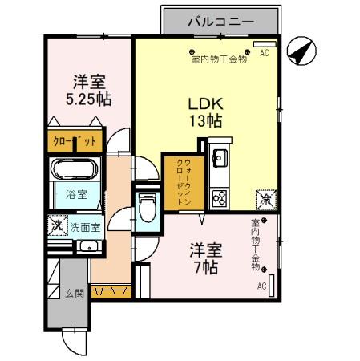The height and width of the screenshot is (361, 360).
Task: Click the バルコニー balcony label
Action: (220, 22)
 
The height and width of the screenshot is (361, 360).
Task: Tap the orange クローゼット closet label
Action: (75, 142)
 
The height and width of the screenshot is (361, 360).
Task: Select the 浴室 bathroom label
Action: (76, 195)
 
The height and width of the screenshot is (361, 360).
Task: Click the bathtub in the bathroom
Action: (75, 170)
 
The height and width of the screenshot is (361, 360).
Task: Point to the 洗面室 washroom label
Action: (83, 227)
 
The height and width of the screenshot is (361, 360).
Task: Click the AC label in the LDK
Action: (264, 57)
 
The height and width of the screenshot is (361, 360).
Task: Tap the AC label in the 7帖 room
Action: (261, 286)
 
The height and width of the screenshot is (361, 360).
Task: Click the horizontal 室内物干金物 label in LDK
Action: (219, 59)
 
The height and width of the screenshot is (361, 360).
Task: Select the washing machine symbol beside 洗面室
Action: (56, 226)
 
